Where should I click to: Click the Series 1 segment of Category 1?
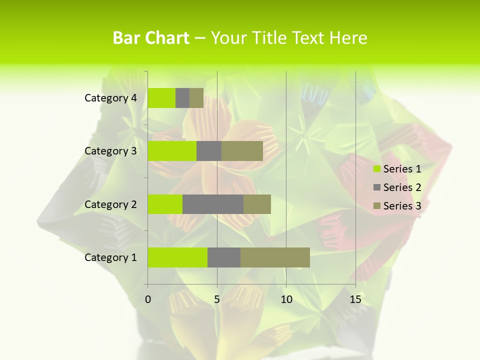click(x=177, y=257)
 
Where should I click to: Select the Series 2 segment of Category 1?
click(x=224, y=257)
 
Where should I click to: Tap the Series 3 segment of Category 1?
click(x=275, y=257)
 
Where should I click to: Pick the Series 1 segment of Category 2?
click(x=165, y=204)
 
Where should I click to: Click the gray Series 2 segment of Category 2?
click(x=213, y=204)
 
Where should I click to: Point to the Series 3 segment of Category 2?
click(x=257, y=204)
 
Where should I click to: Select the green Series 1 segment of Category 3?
click(x=172, y=151)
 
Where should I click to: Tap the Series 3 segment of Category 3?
click(x=242, y=151)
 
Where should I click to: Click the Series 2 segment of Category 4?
click(x=182, y=98)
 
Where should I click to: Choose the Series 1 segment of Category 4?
click(x=161, y=98)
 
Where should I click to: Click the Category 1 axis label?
click(x=110, y=257)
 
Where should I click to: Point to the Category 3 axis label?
click(x=110, y=151)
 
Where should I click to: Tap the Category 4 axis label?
click(x=110, y=98)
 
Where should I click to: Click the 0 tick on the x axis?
click(x=148, y=299)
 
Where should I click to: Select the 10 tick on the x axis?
click(x=286, y=299)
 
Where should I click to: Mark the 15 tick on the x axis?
click(x=355, y=299)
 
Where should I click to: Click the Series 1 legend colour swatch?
click(x=377, y=169)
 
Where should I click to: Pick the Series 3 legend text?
click(x=402, y=206)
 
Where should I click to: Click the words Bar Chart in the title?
click(x=151, y=38)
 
